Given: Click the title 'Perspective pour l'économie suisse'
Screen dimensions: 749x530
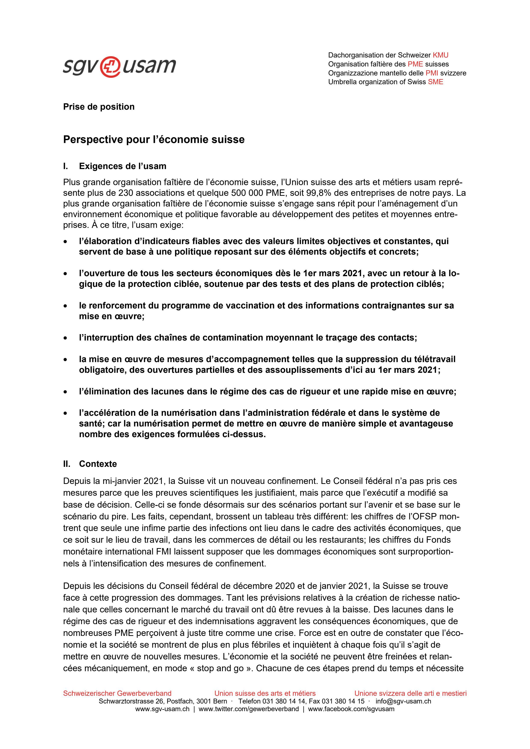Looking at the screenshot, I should pos(154,140).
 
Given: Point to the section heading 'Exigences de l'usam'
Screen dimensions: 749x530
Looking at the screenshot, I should pos(122,166).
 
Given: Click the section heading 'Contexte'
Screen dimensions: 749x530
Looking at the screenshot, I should pos(97,464).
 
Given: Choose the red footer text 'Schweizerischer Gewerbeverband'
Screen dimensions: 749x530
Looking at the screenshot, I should pos(117,693).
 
